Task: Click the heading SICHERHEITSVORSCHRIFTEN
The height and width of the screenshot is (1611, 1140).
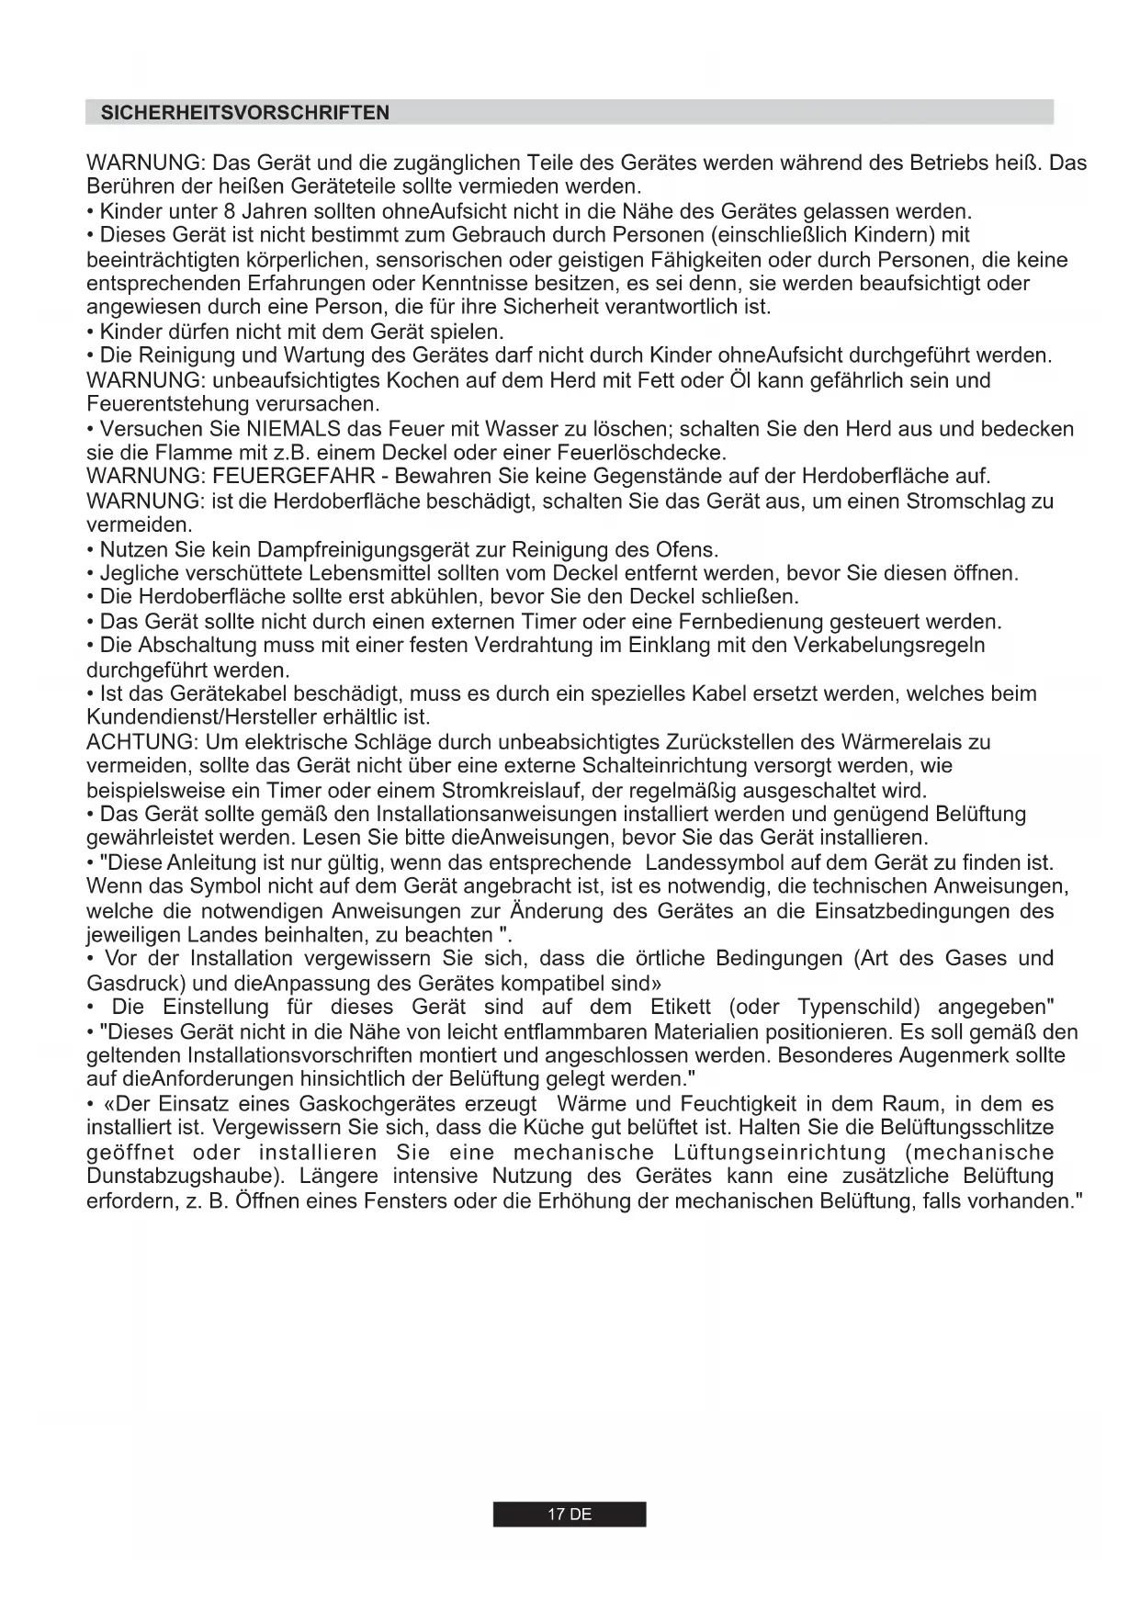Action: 244,113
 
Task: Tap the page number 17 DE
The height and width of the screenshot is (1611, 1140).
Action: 570,1515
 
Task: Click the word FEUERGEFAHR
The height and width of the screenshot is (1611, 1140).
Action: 293,477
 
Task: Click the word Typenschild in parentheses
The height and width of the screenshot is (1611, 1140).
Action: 858,1008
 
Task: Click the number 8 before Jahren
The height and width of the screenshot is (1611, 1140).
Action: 230,212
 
